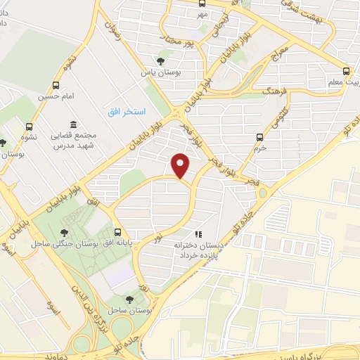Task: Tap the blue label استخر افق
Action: click(127, 112)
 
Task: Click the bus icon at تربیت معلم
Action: click(345, 71)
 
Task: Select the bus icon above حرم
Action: click(260, 137)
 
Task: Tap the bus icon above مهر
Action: click(203, 2)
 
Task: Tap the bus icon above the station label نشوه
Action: click(29, 125)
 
